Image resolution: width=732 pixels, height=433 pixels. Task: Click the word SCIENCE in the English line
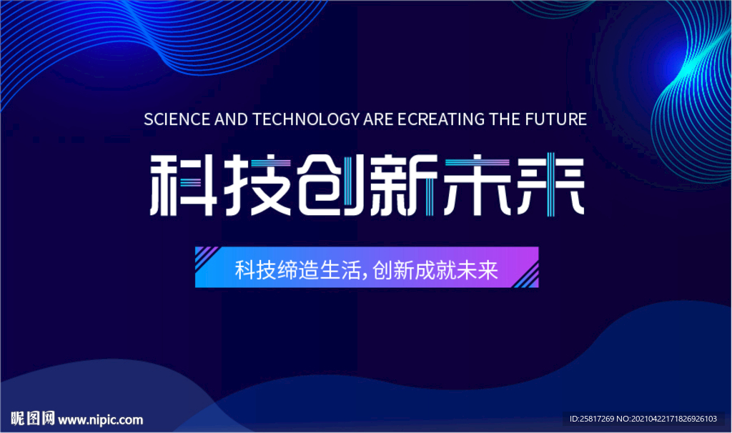click(177, 119)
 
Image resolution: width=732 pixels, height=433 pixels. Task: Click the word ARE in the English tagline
click(378, 119)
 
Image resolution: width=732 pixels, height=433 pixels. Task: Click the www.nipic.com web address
click(100, 420)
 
